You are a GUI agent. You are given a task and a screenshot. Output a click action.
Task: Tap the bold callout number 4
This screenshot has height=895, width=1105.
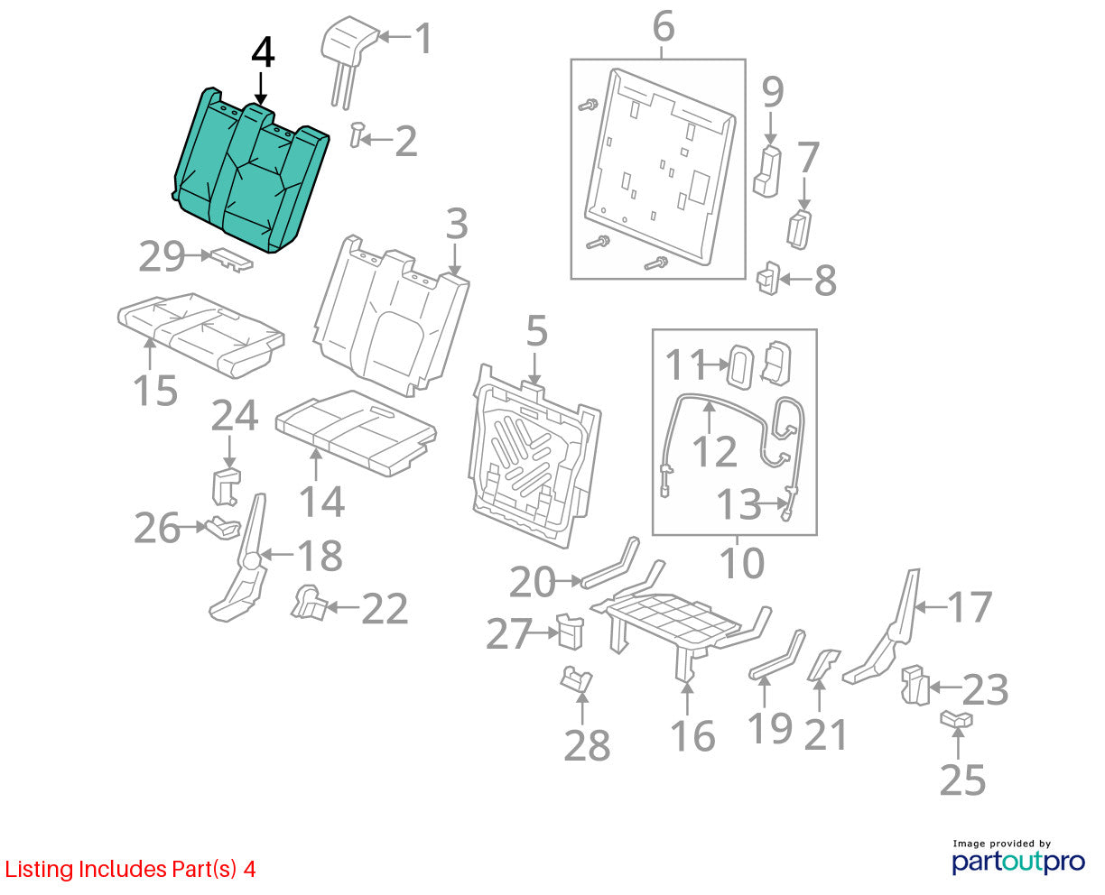coord(263,53)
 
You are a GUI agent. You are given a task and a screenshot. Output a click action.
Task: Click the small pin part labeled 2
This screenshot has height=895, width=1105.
coord(357,134)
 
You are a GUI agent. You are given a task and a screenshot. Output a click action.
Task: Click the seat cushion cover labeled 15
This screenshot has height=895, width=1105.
coord(200,334)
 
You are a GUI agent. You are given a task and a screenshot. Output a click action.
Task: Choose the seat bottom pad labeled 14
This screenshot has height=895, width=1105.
coord(356,432)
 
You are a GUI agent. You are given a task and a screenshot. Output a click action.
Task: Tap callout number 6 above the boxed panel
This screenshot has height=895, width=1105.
coord(664,26)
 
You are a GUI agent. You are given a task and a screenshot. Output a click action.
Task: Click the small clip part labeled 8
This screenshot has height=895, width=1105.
coord(768,279)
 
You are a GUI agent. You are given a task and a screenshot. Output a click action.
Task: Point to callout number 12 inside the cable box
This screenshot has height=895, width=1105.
coord(714,451)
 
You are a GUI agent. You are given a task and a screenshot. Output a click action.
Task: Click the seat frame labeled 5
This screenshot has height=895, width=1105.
coord(534,457)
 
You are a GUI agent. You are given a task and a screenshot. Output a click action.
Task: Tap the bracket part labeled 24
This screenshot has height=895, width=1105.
coord(227,486)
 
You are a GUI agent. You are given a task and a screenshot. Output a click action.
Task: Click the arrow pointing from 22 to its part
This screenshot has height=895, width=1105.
coord(342,606)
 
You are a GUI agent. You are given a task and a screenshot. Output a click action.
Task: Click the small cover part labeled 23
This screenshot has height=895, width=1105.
coord(915,685)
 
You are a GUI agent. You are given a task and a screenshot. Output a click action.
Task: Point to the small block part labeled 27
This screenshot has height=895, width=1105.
coord(571,631)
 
